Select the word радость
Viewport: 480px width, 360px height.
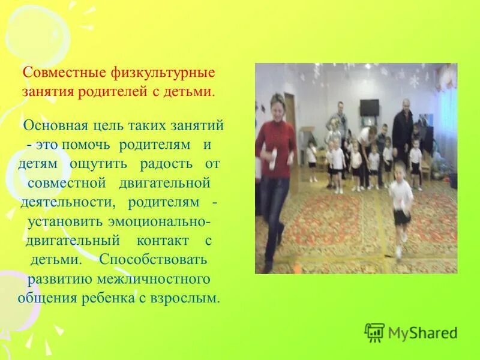coord(166,164)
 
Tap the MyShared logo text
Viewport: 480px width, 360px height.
coord(422,332)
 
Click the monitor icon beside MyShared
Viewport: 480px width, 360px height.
coord(374,332)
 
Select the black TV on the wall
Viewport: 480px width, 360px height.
coord(370,107)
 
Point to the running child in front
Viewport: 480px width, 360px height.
coord(401,204)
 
